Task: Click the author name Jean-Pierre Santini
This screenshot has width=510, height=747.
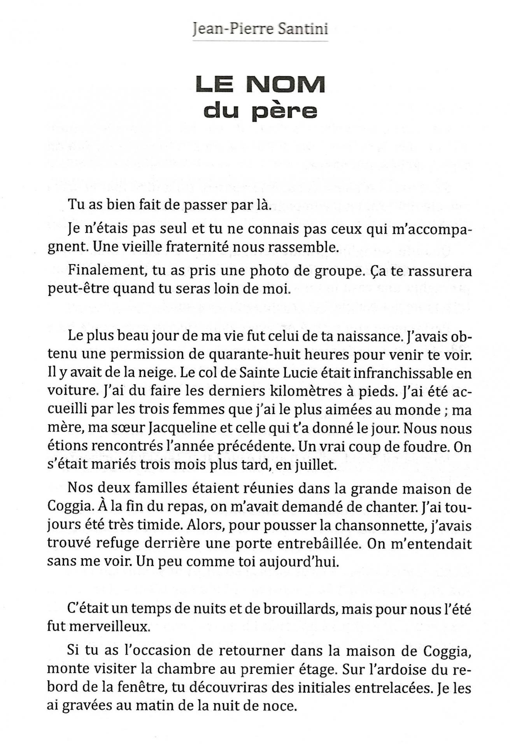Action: point(260,28)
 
